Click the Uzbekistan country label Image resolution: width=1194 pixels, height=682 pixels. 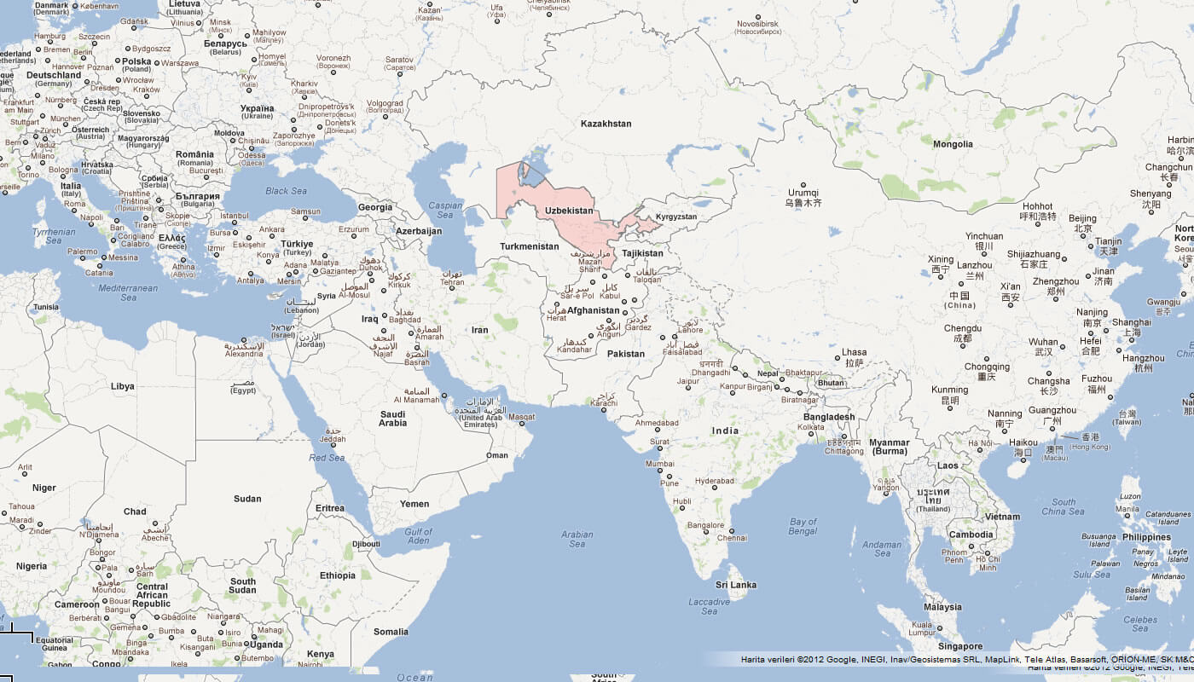569,210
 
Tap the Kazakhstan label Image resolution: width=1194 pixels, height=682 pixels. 606,124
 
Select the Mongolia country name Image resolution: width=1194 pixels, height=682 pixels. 953,144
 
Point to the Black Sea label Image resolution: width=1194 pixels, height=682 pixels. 286,191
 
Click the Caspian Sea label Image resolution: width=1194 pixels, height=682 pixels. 445,210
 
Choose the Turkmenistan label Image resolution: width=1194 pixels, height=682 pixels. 529,246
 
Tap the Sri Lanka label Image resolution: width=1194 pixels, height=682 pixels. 736,585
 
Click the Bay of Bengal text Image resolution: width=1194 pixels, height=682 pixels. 803,527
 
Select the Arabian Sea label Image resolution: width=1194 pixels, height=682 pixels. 577,539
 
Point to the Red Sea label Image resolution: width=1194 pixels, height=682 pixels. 327,458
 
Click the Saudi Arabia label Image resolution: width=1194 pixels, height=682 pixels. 393,418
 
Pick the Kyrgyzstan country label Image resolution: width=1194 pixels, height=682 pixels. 675,217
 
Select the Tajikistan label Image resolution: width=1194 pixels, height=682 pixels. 642,253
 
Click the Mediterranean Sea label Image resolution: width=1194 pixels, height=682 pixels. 128,292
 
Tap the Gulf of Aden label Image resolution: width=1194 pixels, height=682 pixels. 418,536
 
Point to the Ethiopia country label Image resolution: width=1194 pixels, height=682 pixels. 338,575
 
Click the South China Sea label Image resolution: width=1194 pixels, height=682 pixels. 1064,506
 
